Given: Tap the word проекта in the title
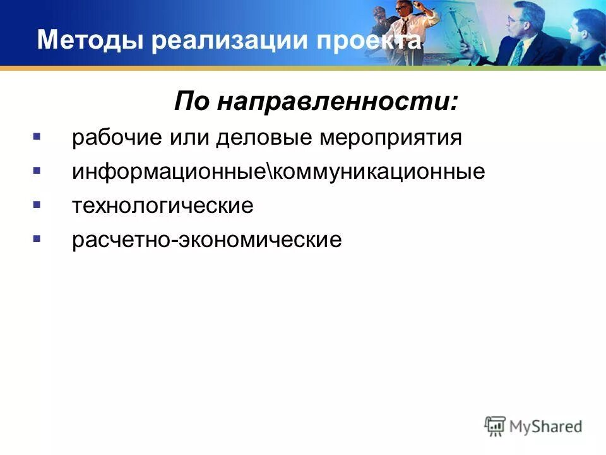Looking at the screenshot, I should [369, 41].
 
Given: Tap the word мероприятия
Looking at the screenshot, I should [391, 138].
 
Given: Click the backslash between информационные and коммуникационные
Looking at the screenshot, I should [272, 172].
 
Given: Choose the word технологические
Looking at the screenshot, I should [163, 206].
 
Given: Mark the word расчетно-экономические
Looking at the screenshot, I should [207, 240].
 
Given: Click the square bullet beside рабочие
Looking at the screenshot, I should [37, 137].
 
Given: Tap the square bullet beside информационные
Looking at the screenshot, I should [37, 171].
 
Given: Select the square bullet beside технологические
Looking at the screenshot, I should [37, 205].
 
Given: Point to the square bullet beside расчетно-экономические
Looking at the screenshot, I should [37, 240].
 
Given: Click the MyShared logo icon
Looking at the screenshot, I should [496, 426].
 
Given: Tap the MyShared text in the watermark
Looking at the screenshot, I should [547, 427].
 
